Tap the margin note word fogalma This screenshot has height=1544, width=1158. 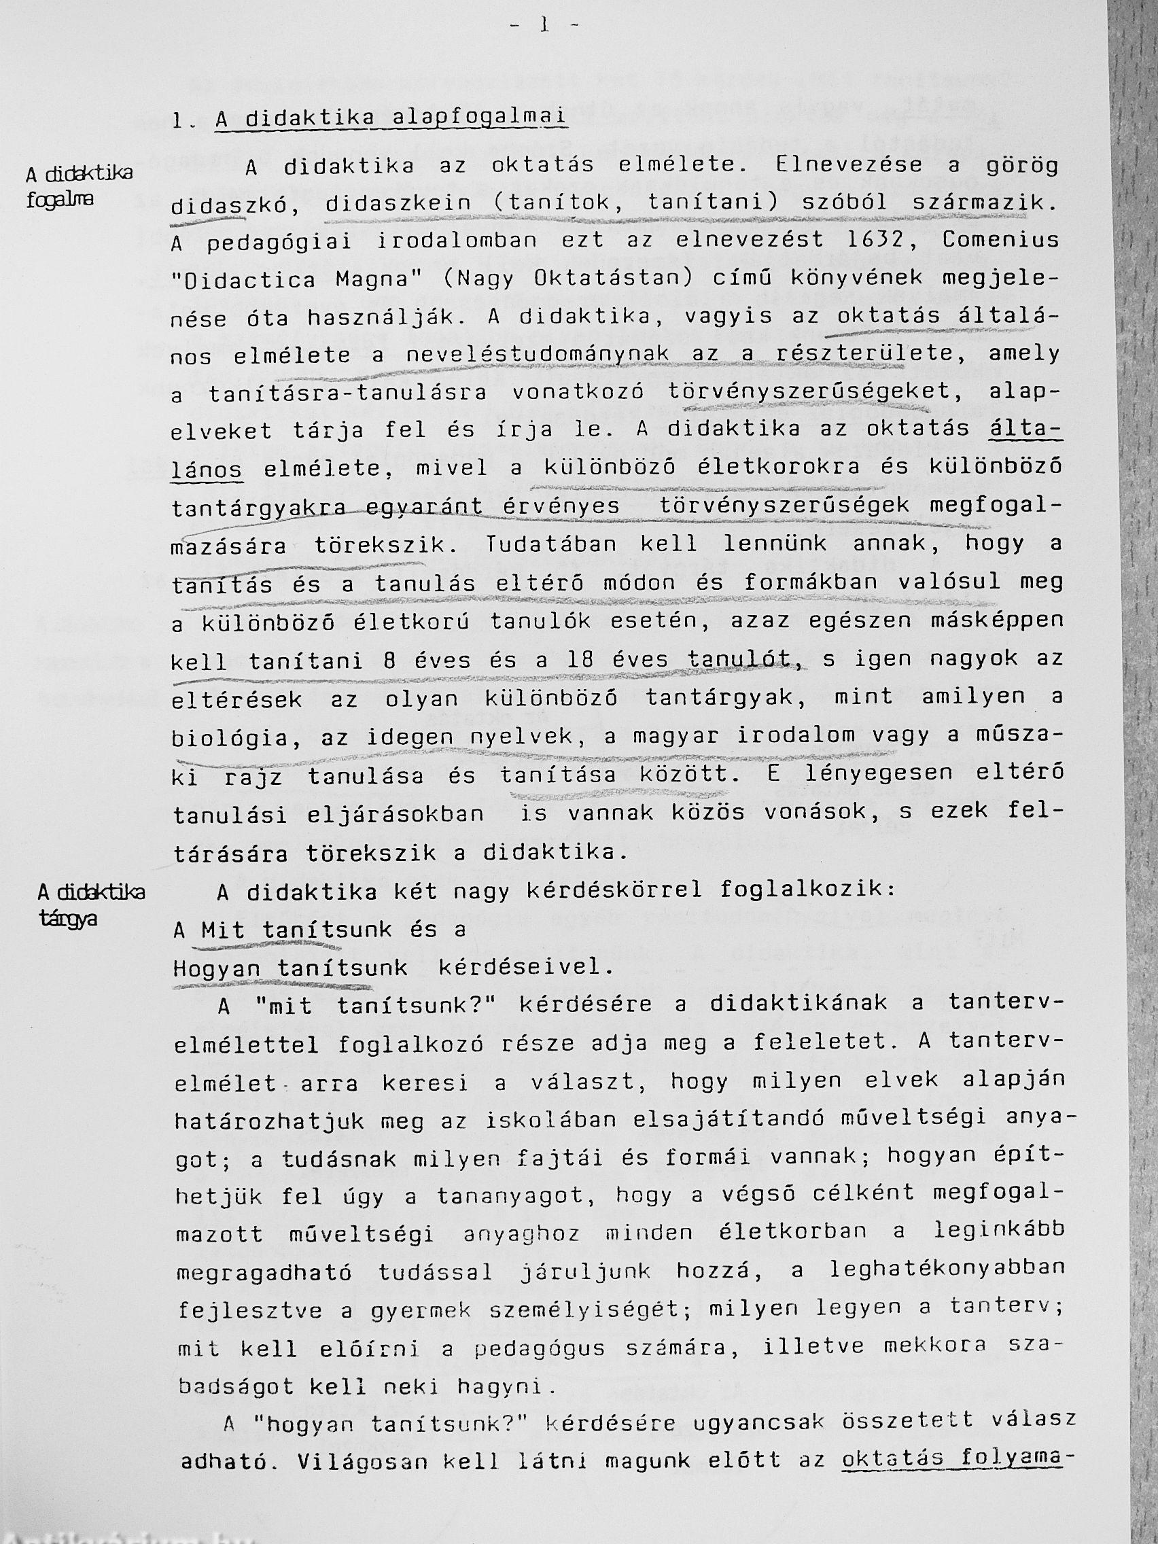tap(60, 200)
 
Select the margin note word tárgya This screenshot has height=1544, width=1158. tap(68, 918)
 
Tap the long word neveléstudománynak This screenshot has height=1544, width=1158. tap(537, 355)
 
